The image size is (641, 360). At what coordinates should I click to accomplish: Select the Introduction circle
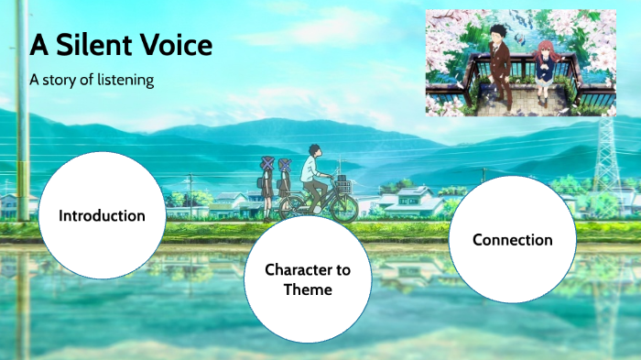102,216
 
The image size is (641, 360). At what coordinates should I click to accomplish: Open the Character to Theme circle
307,279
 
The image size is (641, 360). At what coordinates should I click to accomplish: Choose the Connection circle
512,240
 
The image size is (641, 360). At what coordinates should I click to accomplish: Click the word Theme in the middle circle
307,289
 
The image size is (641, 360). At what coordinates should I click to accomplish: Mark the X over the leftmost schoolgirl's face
268,162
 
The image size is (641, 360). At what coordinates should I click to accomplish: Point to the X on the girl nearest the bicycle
285,166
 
